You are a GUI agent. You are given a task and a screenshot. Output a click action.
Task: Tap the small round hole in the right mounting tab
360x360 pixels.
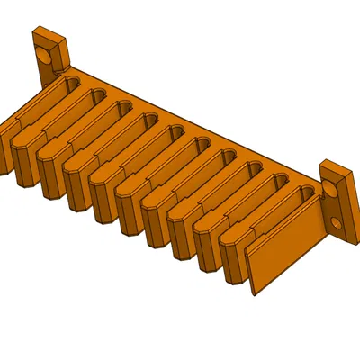click(336, 221)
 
